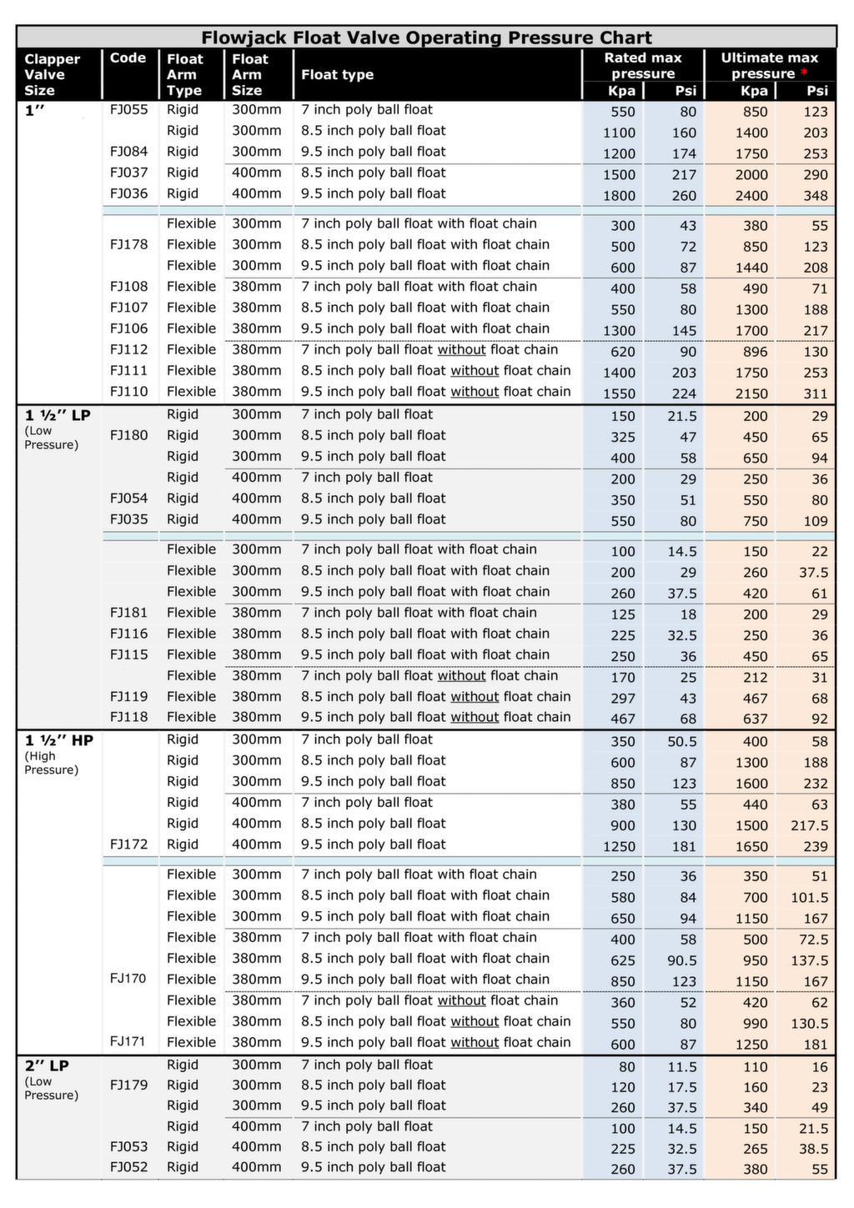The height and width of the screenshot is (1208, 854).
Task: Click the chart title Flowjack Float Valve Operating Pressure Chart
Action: (426, 38)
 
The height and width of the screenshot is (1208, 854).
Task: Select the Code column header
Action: (128, 58)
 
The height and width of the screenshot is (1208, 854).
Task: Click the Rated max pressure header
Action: (642, 65)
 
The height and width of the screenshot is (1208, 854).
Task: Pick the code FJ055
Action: (128, 109)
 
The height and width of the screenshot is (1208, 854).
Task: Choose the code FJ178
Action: (128, 245)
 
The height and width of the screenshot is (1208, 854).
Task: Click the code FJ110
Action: (128, 392)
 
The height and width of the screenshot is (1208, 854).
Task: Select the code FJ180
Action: (128, 435)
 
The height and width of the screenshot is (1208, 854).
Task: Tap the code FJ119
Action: (128, 697)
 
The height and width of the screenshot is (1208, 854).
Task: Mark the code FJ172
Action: (128, 845)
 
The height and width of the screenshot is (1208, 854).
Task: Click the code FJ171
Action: (128, 1042)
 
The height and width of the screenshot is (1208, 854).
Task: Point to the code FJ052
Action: (128, 1167)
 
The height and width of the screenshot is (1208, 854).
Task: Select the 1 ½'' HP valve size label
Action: (58, 740)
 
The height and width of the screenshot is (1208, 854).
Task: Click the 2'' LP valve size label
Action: (47, 1065)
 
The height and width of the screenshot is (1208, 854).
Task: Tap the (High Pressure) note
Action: (51, 763)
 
